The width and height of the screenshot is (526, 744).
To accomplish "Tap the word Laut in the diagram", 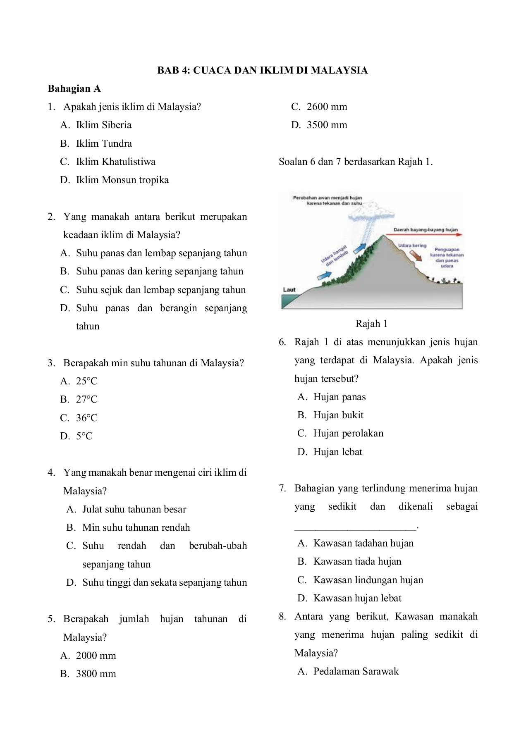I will [x=289, y=289].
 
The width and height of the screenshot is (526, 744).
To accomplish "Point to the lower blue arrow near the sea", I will [x=325, y=275].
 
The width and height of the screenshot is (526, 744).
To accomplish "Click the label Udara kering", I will [x=412, y=245].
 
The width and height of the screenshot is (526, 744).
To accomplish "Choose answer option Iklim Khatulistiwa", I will [x=115, y=162].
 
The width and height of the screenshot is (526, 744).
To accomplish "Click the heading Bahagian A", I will [x=74, y=88].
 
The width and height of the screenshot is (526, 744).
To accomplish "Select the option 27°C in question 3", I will [x=86, y=399].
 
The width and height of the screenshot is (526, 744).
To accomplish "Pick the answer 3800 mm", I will [x=96, y=674].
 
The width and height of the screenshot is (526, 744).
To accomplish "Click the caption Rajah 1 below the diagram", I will [x=371, y=324].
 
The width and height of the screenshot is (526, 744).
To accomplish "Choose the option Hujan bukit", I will [x=338, y=415].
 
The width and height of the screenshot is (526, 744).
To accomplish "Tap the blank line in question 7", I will [x=356, y=527].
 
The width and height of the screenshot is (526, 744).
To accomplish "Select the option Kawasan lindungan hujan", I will [x=368, y=580].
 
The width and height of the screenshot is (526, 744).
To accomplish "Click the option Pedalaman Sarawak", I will [x=356, y=671].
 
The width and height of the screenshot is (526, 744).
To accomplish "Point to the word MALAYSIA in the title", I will [x=339, y=70].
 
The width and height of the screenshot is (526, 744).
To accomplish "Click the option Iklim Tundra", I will [x=104, y=143].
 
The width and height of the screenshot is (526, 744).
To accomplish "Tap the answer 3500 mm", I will [x=327, y=125].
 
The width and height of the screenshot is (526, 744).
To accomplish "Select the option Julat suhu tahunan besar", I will [x=134, y=509].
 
